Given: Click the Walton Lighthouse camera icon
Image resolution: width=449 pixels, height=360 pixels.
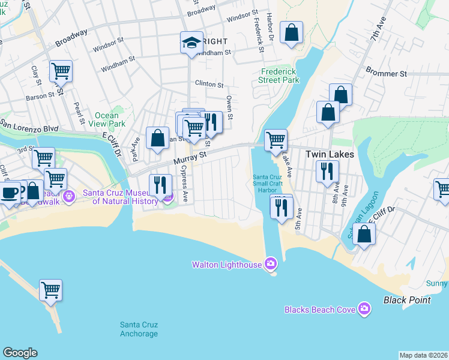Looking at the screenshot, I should coord(271,264).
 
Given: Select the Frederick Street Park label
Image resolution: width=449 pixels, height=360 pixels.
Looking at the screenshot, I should coord(279,76).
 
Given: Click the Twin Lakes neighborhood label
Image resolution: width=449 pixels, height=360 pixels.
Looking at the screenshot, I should coord(330,154).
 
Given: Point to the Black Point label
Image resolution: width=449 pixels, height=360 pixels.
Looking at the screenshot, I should coord(407,299).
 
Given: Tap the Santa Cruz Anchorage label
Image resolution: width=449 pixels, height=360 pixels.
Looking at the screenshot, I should coord(139,329).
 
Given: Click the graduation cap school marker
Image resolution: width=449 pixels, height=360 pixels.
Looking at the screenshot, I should coord(192,43).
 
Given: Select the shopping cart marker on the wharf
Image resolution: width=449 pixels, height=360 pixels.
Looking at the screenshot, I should coord(51,290).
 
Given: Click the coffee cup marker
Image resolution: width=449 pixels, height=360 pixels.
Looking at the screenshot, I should coord(9,193).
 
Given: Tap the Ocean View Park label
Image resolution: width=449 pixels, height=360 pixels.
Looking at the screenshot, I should coord(110,119).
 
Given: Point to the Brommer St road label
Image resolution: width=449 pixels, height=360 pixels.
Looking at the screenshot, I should coord(387,74).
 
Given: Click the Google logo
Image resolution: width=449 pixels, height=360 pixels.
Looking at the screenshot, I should coord(20,353).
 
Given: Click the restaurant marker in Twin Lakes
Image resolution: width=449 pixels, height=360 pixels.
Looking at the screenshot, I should coord(327,171).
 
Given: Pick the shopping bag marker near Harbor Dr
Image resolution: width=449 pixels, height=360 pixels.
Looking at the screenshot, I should coord(291,33).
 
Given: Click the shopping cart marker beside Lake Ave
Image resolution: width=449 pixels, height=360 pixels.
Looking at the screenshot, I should coord(276,140).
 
